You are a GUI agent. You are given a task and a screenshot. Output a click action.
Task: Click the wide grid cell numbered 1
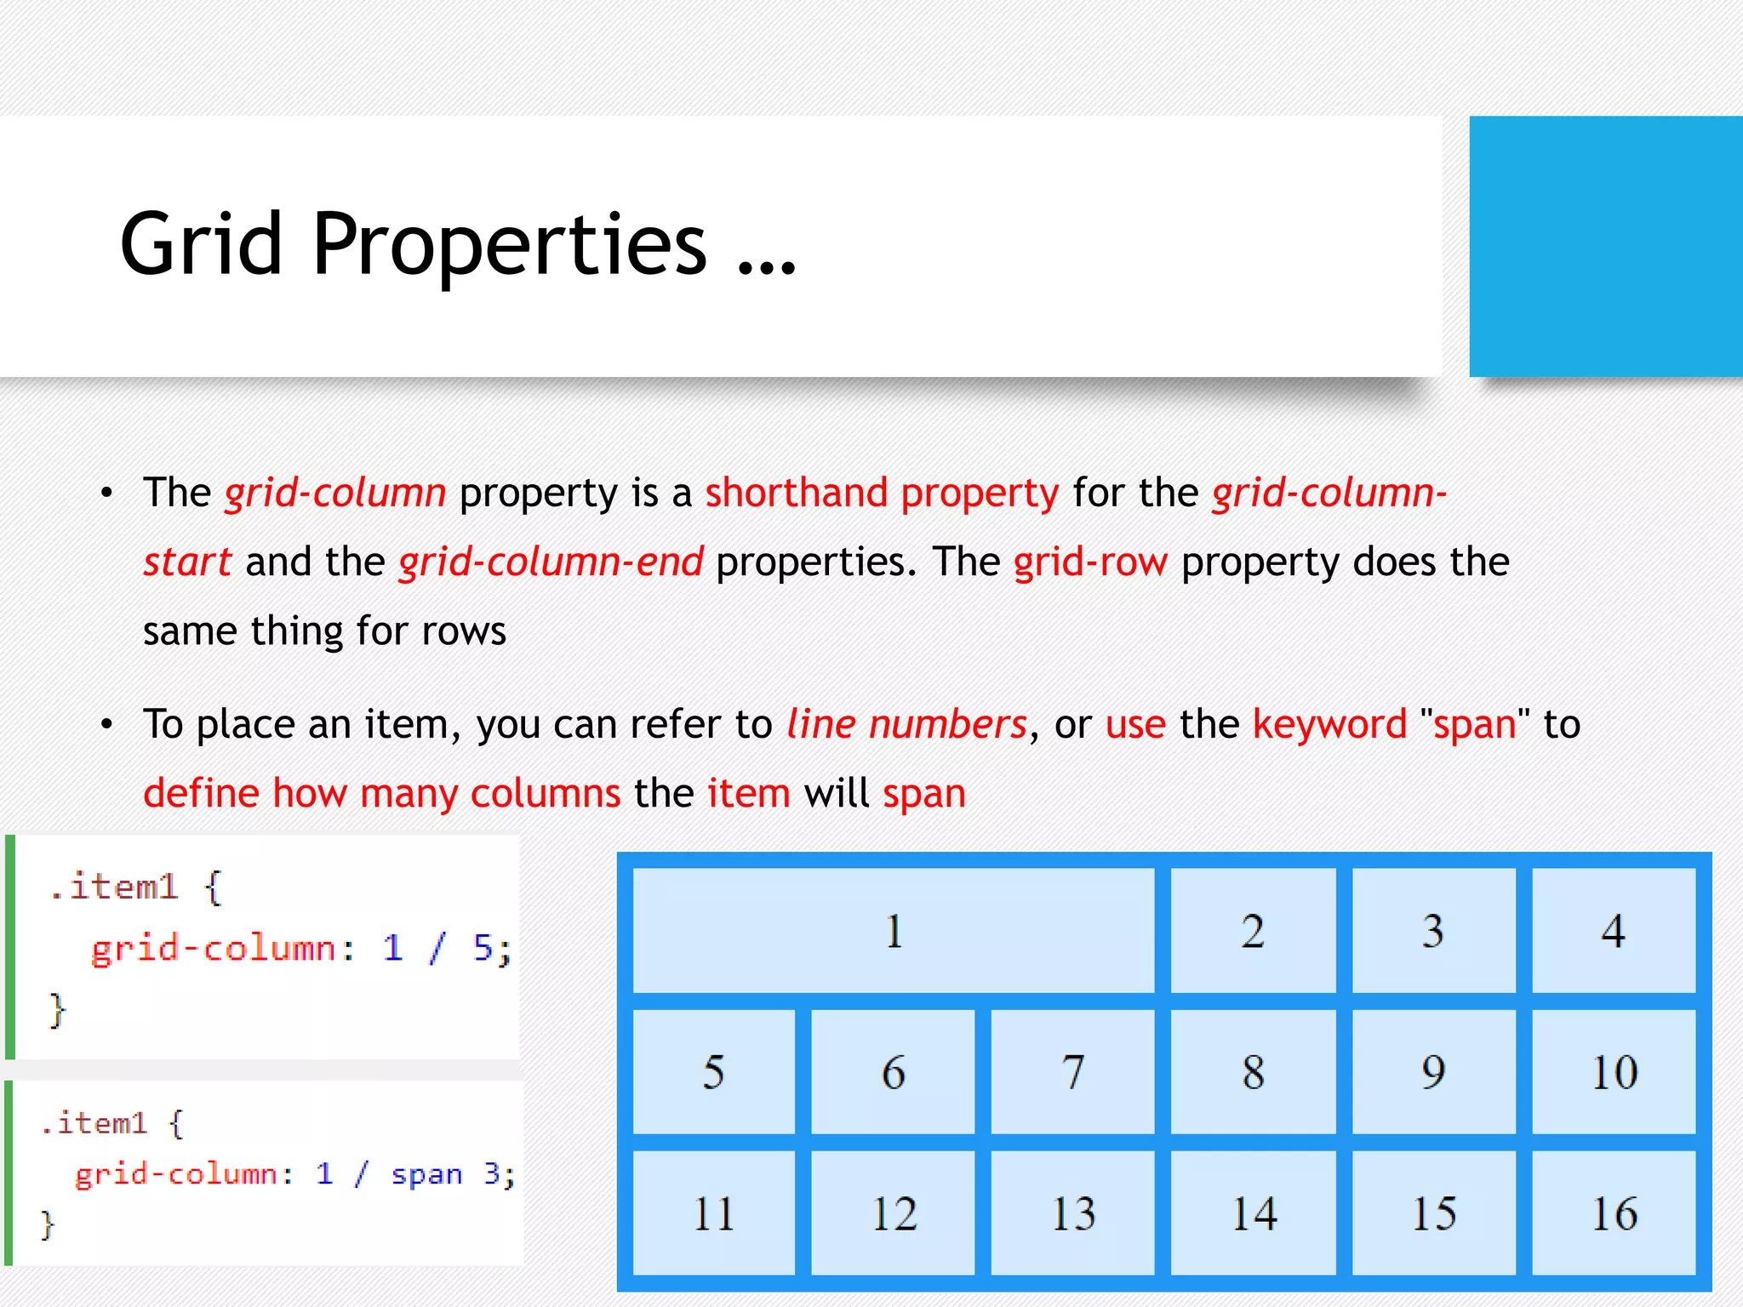[893, 930]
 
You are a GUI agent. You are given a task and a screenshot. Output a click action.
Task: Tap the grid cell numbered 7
[1072, 1071]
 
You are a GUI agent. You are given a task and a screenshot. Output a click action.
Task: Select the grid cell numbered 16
[1614, 1213]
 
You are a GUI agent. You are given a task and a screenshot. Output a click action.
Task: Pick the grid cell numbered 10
[1614, 1071]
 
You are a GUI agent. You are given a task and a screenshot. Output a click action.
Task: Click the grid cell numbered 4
[1614, 930]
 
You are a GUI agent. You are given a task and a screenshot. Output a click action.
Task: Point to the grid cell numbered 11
[713, 1213]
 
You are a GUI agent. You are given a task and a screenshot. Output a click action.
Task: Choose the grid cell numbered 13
[1072, 1213]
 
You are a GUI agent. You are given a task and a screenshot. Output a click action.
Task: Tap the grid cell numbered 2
[1253, 930]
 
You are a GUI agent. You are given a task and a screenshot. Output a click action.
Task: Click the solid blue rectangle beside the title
[1605, 246]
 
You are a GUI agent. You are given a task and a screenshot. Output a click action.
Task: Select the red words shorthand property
[882, 493]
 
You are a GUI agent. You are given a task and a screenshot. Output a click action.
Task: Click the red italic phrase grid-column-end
[551, 562]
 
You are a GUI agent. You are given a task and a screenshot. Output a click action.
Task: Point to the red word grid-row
[1090, 562]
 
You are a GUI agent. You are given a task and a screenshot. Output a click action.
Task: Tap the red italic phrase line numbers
[906, 724]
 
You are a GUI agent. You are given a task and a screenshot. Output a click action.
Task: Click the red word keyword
[1329, 724]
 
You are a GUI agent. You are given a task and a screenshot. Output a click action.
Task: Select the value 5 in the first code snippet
[483, 948]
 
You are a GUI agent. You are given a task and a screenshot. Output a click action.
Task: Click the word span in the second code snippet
[426, 1175]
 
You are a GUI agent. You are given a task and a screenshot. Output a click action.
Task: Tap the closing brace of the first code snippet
[56, 1010]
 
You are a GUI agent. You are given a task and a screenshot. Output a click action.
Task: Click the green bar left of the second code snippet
[9, 1173]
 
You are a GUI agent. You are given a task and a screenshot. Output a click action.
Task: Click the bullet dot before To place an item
[106, 725]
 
